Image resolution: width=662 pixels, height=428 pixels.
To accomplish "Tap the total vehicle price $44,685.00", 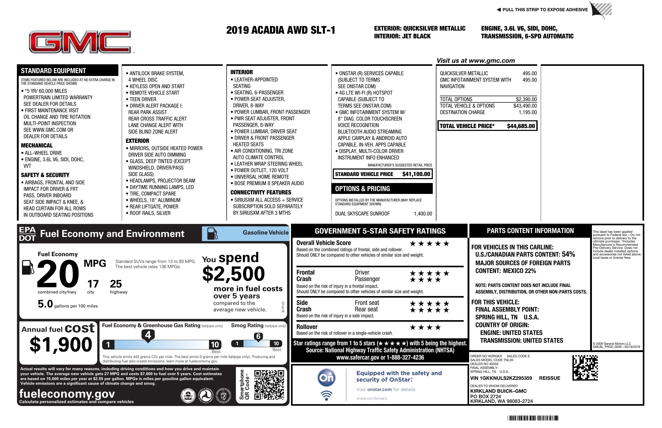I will pyautogui.click(x=521, y=126).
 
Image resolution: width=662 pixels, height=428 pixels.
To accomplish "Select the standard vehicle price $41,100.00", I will pyautogui.click(x=416, y=174).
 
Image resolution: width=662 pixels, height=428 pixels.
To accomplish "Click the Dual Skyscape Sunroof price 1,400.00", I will pyautogui.click(x=423, y=214).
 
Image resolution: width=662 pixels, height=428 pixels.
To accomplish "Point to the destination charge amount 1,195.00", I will pyautogui.click(x=527, y=112).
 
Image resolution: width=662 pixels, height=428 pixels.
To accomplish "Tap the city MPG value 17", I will pyautogui.click(x=93, y=284).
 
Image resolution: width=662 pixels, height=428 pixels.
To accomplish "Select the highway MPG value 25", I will pyautogui.click(x=116, y=284).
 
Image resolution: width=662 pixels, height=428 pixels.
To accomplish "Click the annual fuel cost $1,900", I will pyautogui.click(x=61, y=345).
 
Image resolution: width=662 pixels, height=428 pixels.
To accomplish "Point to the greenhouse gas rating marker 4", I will pyautogui.click(x=148, y=335).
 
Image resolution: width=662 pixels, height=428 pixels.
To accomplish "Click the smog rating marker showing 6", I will pyautogui.click(x=258, y=336).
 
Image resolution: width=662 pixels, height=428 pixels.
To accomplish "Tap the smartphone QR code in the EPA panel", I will pyautogui.click(x=269, y=384).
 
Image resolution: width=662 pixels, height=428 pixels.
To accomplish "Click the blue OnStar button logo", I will pyautogui.click(x=326, y=378).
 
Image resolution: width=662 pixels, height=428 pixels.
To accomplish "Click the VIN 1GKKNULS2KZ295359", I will pyautogui.click(x=501, y=378).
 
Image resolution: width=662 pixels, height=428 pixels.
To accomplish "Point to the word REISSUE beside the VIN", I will pyautogui.click(x=549, y=378).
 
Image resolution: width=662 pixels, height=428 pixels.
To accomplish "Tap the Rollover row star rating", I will pyautogui.click(x=425, y=327).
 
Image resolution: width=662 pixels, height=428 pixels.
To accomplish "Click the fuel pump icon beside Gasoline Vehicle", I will pyautogui.click(x=212, y=233).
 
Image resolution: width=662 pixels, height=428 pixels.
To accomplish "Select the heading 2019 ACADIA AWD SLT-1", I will pyautogui.click(x=281, y=30).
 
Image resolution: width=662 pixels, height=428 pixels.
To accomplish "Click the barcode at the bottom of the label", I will pyautogui.click(x=532, y=418).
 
